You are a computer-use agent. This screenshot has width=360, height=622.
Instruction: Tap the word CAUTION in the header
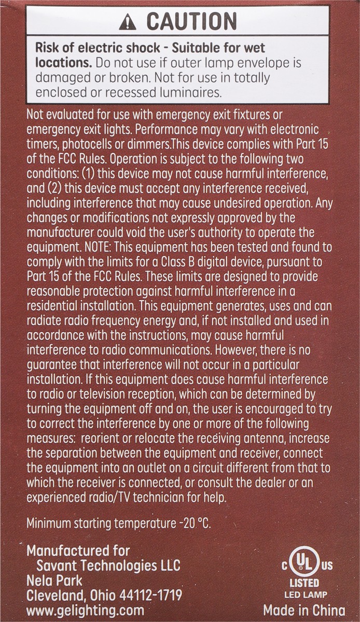[191, 21]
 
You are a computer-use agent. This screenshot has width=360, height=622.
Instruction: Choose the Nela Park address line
[54, 580]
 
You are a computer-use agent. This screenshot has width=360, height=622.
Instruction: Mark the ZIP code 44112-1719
[145, 595]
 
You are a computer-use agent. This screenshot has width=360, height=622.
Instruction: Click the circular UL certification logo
[303, 563]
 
